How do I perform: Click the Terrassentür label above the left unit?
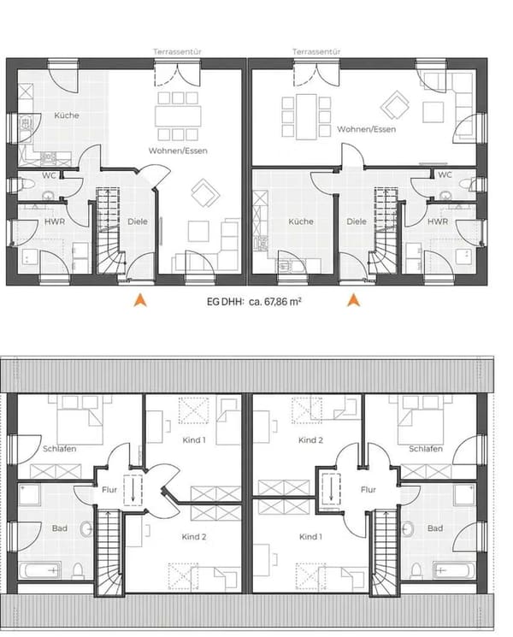(177, 51)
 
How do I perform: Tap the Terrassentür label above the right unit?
(316, 51)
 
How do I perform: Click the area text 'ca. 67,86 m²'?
(275, 302)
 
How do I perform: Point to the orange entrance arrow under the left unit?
(140, 299)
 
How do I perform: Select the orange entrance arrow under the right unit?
(353, 299)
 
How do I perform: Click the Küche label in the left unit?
(67, 115)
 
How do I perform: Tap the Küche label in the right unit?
(301, 221)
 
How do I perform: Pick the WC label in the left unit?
(49, 175)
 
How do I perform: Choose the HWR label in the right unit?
(438, 221)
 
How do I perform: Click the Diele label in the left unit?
(138, 221)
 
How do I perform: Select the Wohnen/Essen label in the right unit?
(367, 129)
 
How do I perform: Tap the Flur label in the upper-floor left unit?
(109, 490)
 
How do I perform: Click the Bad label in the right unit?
(435, 528)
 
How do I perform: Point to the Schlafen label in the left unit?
(59, 449)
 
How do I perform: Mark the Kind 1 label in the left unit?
(194, 440)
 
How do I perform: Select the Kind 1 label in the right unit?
(310, 537)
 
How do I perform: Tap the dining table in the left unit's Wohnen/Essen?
(178, 116)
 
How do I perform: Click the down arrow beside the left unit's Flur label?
(133, 490)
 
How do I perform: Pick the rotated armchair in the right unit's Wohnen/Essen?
(394, 105)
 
